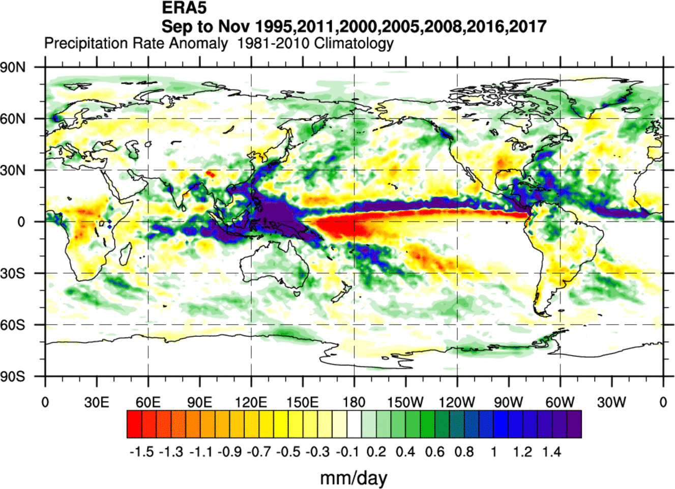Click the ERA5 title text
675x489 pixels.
pyautogui.click(x=184, y=8)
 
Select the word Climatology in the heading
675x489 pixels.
pyautogui.click(x=354, y=43)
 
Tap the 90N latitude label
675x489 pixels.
pyautogui.click(x=13, y=67)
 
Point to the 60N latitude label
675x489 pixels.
pyautogui.click(x=13, y=119)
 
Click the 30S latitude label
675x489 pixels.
pyautogui.click(x=13, y=273)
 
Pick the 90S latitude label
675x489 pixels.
pyautogui.click(x=13, y=377)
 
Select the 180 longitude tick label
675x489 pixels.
pyautogui.click(x=354, y=402)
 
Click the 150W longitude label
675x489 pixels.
pyautogui.click(x=405, y=402)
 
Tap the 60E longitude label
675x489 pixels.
pyautogui.click(x=148, y=402)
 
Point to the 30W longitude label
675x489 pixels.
pyautogui.click(x=611, y=402)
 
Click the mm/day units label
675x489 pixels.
pyautogui.click(x=354, y=478)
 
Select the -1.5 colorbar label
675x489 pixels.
pyautogui.click(x=141, y=452)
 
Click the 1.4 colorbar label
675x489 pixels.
pyautogui.click(x=552, y=452)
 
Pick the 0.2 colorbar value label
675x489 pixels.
pyautogui.click(x=376, y=452)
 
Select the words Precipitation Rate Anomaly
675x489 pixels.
pyautogui.click(x=136, y=43)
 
